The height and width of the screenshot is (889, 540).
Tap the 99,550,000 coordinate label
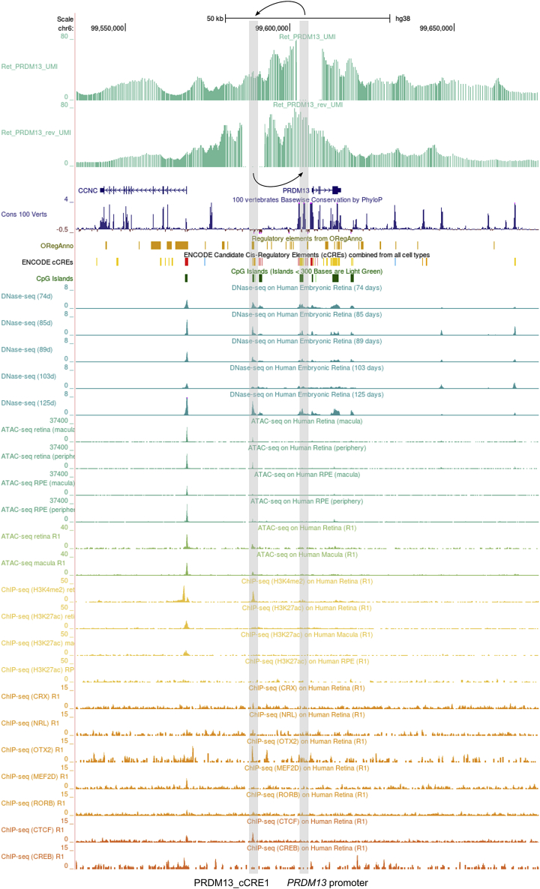click(x=107, y=28)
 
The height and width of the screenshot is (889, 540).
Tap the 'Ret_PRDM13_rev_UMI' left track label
click(x=37, y=133)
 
